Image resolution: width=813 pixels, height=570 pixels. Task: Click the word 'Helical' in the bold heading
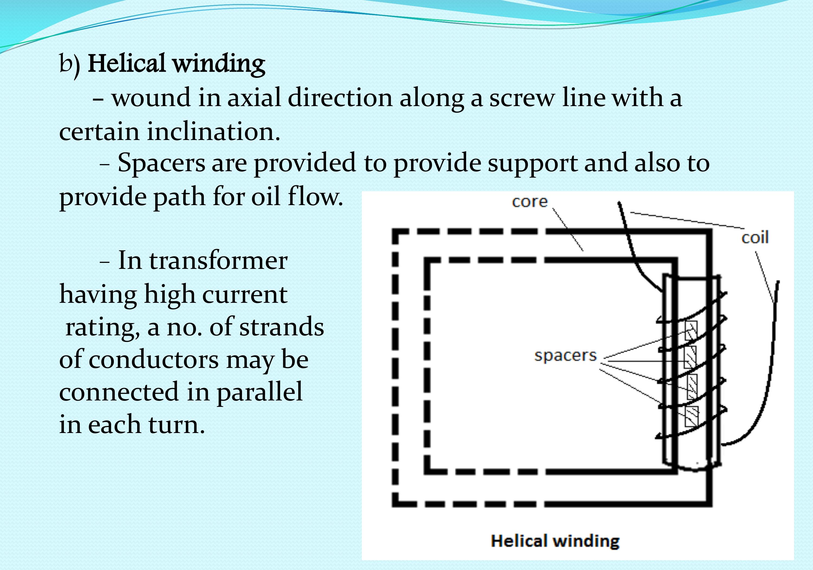point(126,64)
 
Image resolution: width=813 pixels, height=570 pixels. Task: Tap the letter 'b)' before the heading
point(69,65)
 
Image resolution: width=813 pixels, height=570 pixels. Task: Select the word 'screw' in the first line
point(522,98)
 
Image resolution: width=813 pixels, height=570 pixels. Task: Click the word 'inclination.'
point(214,132)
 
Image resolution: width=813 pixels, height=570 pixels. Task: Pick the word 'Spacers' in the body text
point(161,163)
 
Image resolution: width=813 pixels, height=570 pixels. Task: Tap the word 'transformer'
point(218,261)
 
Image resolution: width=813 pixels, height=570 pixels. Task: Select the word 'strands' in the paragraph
point(282,327)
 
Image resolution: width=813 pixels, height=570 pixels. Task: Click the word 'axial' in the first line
point(254,98)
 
